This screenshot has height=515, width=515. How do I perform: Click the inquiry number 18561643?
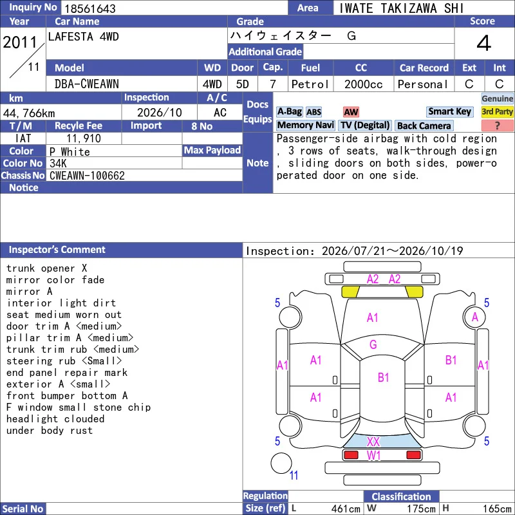(90, 8)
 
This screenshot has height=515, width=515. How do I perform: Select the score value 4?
(484, 43)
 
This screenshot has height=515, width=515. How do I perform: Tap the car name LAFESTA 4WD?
(84, 37)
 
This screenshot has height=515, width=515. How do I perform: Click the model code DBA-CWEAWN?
(87, 84)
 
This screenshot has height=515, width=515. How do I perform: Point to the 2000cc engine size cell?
(363, 84)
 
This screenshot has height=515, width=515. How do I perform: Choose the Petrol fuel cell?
(310, 84)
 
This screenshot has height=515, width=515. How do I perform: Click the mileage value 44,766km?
(29, 113)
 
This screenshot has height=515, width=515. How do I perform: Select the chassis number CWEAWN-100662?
(87, 176)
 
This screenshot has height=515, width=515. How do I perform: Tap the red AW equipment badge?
(351, 112)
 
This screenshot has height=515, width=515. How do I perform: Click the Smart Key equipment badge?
(449, 111)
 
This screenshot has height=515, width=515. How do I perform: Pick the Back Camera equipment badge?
(424, 126)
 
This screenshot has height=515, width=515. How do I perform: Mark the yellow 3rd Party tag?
(497, 111)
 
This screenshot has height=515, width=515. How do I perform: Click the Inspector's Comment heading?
(57, 250)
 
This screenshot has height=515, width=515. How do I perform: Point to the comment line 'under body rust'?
(50, 431)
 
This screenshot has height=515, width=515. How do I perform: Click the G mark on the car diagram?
(373, 344)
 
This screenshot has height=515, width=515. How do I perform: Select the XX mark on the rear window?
(373, 442)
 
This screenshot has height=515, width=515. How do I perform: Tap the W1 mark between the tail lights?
(373, 456)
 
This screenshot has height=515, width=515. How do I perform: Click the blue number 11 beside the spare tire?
(294, 475)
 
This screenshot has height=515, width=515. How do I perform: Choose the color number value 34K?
(58, 164)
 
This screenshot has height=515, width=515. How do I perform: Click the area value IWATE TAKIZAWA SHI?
(401, 8)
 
